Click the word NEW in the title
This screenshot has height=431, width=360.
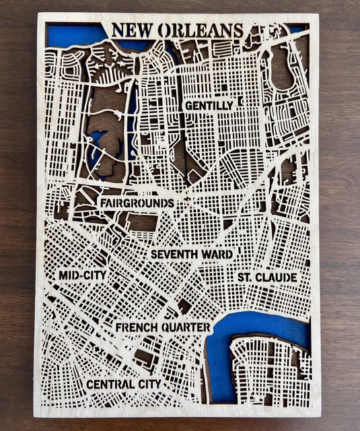click(131, 31)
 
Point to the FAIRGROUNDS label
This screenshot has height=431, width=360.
click(137, 203)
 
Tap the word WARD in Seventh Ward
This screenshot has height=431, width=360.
click(219, 255)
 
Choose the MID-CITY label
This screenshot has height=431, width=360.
click(82, 275)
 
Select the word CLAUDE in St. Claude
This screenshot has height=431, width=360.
click(277, 277)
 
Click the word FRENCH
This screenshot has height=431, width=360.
click(138, 328)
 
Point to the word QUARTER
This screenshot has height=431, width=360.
click(186, 328)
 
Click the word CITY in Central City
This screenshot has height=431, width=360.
click(149, 384)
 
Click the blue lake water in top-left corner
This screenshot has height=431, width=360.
click(67, 35)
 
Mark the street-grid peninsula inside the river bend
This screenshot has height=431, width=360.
click(269, 370)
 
